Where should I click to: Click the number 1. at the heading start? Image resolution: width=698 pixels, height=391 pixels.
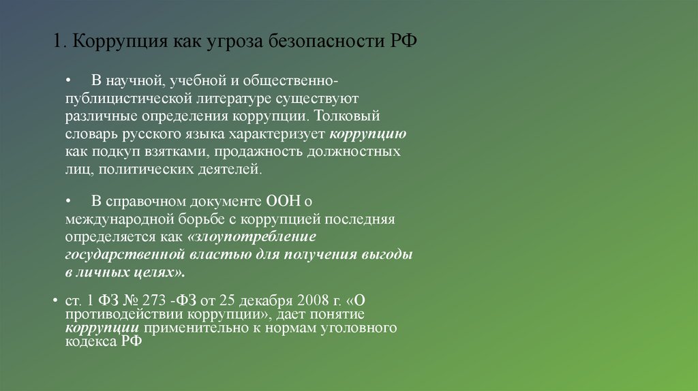point(59,42)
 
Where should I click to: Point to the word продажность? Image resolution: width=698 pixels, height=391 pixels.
point(268,151)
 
